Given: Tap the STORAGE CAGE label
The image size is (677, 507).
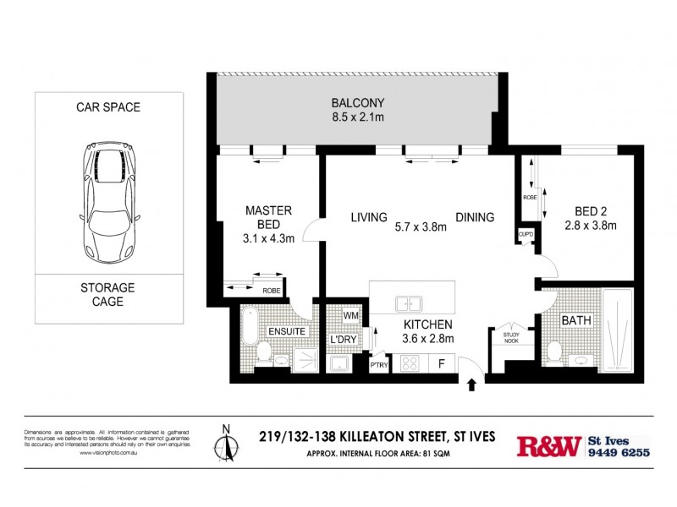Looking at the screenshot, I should click(x=107, y=295).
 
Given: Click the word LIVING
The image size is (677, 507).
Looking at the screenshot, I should click(x=369, y=217).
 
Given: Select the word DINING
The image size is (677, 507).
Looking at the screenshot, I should click(x=475, y=217).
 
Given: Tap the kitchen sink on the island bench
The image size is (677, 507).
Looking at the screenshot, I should click(x=409, y=303).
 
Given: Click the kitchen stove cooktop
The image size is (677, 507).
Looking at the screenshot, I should click(x=410, y=365).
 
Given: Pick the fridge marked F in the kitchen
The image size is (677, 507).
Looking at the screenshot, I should click(x=442, y=365).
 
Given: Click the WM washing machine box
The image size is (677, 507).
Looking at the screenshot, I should click(x=351, y=315).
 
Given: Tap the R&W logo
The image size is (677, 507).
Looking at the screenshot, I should click(x=549, y=445).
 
